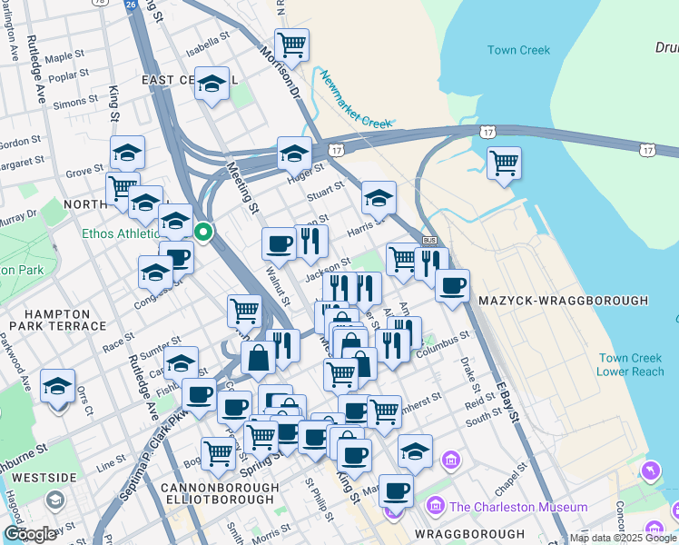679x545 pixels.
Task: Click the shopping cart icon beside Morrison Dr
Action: [x=291, y=44]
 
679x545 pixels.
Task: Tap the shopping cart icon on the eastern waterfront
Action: [x=504, y=163]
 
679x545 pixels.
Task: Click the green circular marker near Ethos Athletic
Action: [x=204, y=233]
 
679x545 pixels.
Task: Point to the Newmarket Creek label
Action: [x=355, y=99]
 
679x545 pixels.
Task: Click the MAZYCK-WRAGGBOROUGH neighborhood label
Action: [x=563, y=301]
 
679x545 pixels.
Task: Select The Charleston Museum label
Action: [x=517, y=507]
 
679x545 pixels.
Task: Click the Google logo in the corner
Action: [x=30, y=534]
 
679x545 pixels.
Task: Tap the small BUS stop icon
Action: [x=429, y=240]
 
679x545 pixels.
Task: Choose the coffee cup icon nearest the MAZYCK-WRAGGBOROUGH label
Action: [x=452, y=285]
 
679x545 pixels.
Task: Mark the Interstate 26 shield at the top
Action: [x=132, y=5]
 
